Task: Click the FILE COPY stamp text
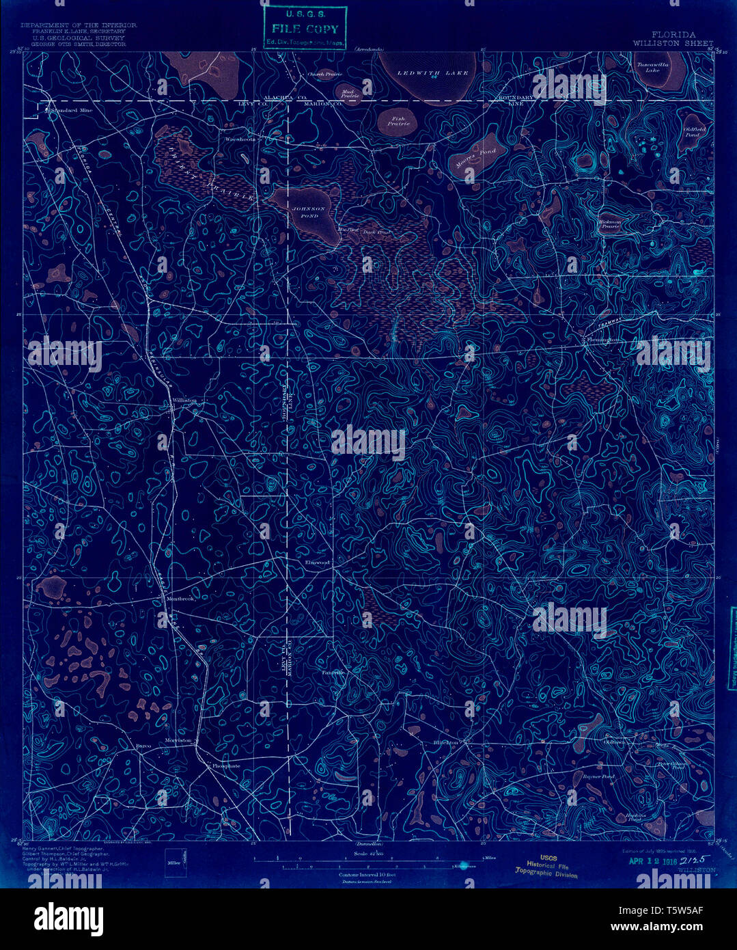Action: click(305, 29)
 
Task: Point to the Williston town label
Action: click(184, 401)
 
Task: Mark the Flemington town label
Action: click(602, 340)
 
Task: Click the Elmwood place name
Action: click(317, 562)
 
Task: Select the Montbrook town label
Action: click(181, 599)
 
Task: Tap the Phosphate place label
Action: click(226, 766)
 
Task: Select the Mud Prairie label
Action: click(350, 94)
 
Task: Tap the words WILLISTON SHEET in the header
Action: click(673, 43)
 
